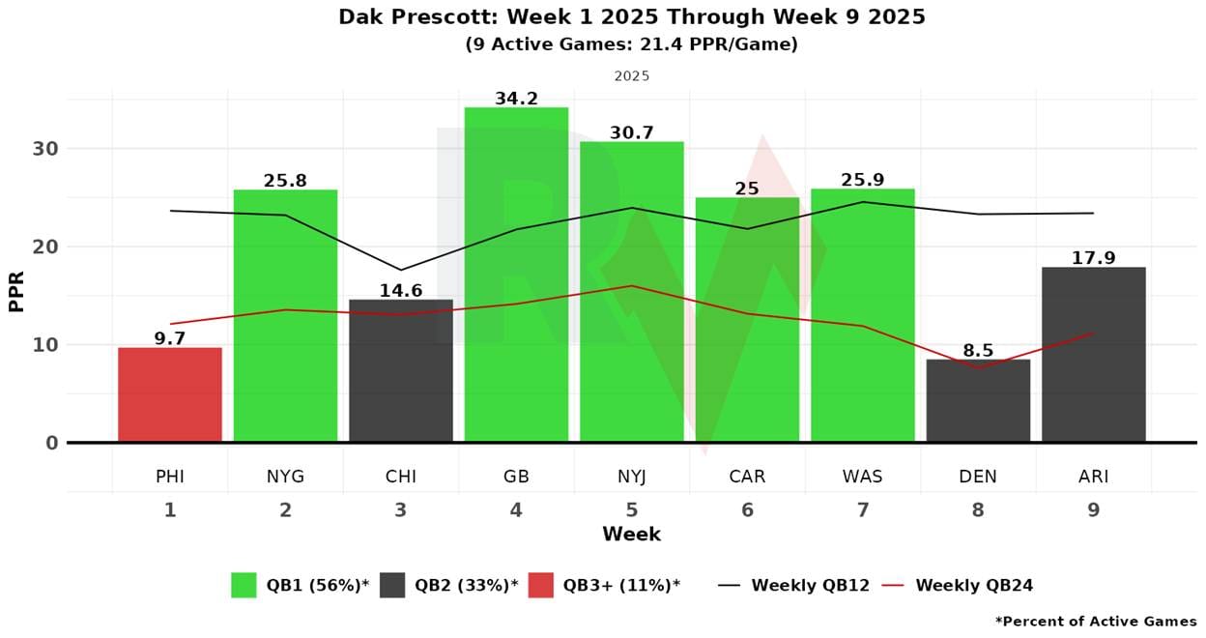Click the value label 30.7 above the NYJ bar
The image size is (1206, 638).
coord(632,133)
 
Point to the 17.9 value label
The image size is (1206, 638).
coord(1094,258)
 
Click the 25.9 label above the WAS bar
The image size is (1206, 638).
coord(863,180)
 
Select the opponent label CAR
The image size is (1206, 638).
coord(747,477)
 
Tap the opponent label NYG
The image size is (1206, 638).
coord(285,477)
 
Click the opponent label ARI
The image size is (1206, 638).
coord(1094,477)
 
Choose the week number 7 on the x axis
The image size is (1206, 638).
coord(863,509)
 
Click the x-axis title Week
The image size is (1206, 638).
coord(631,534)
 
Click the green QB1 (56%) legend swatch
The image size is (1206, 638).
coord(244,585)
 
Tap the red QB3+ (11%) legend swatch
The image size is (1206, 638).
coord(541,585)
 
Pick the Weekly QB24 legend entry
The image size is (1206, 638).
coord(974,585)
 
